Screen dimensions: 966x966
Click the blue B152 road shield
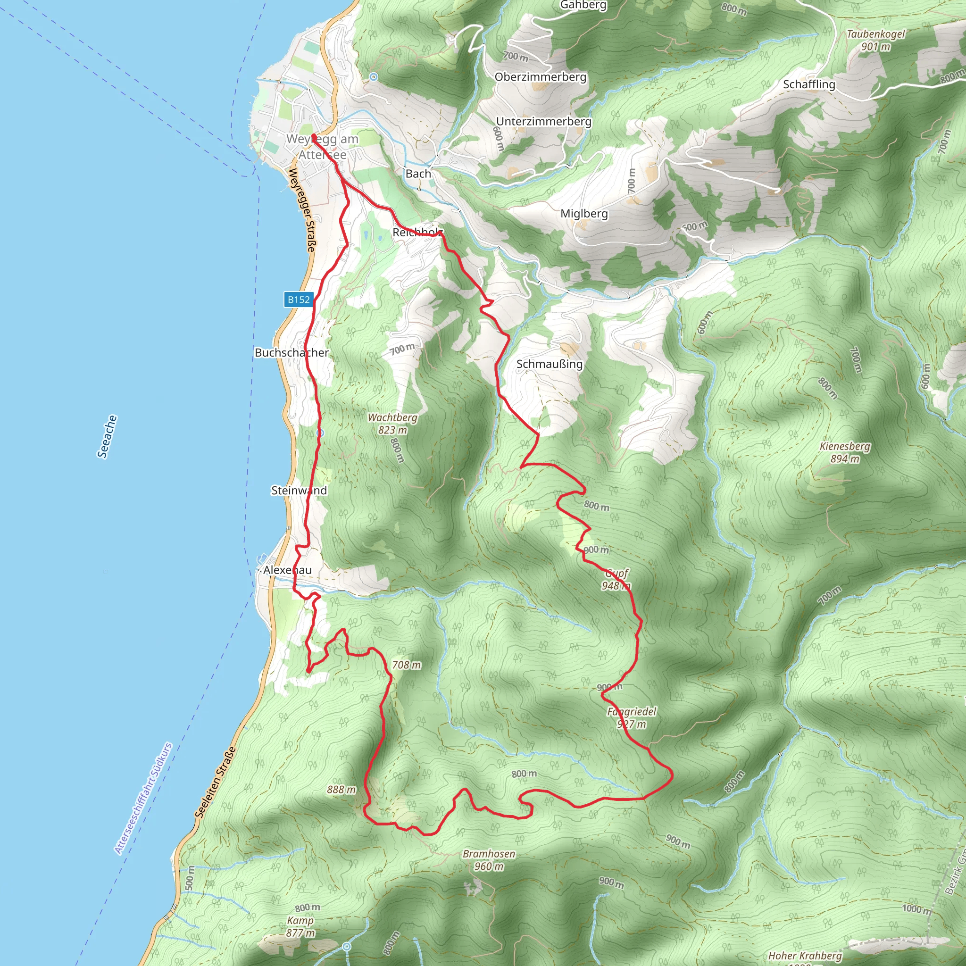click(299, 300)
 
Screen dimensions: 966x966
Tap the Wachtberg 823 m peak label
click(392, 424)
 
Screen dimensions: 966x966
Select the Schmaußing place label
click(550, 364)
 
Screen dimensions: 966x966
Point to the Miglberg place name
click(584, 214)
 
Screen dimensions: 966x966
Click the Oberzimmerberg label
click(541, 77)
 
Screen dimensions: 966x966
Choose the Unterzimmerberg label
click(543, 122)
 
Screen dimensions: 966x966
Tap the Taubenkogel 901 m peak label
click(875, 41)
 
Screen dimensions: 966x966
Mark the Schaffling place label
click(809, 84)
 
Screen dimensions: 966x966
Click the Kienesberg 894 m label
click(845, 452)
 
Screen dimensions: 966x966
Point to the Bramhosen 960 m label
click(489, 860)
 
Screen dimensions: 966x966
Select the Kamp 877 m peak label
click(300, 926)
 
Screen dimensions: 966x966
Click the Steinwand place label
click(299, 491)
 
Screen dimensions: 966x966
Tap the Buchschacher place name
click(291, 352)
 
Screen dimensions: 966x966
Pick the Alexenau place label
click(288, 570)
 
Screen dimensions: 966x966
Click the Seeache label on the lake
click(107, 436)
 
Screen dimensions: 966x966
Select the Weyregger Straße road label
click(302, 210)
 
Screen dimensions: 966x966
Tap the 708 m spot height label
click(407, 665)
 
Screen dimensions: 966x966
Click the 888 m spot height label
click(341, 790)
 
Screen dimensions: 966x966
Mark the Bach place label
click(418, 174)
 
